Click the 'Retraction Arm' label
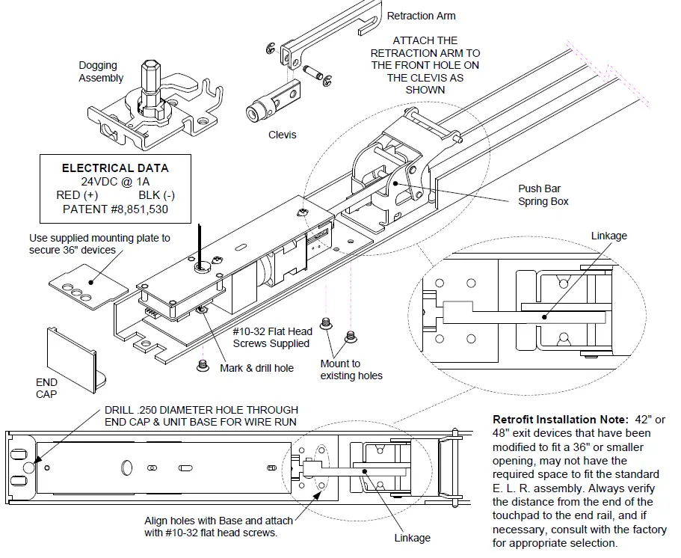[421, 16]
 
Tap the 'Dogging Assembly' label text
[101, 72]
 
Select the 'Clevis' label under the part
[282, 135]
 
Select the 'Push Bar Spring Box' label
[543, 195]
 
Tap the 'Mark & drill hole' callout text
[256, 368]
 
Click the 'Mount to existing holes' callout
[351, 370]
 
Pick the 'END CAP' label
[46, 387]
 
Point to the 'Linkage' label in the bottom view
[412, 538]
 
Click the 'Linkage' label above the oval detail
[608, 236]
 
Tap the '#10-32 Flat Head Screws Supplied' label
[270, 338]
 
